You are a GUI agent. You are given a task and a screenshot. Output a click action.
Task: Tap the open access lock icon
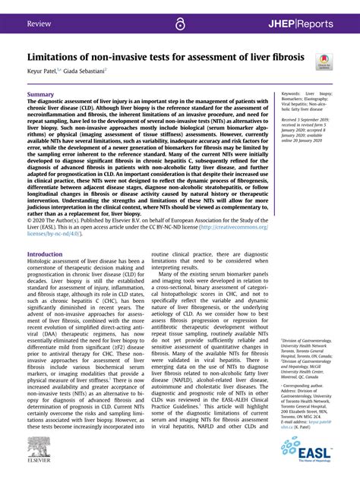pyautogui.click(x=180, y=24)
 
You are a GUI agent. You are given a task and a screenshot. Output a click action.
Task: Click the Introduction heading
pyautogui.click(x=45, y=233)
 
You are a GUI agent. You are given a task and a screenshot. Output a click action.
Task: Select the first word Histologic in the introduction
pyautogui.click(x=43, y=241)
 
